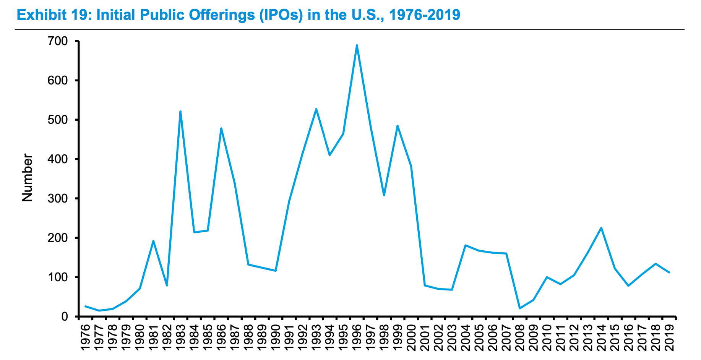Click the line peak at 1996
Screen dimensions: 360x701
click(x=357, y=45)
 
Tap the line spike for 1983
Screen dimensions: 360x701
click(x=180, y=111)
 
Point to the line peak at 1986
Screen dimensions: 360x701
click(x=221, y=128)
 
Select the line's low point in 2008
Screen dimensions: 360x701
click(x=520, y=308)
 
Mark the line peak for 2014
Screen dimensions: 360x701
click(x=601, y=228)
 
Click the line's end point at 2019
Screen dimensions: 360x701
click(x=669, y=272)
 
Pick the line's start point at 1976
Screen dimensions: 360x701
click(x=85, y=306)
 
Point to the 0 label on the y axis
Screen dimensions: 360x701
click(x=65, y=316)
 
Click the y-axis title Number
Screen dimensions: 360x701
click(x=27, y=177)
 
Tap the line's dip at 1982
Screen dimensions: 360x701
click(x=167, y=285)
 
